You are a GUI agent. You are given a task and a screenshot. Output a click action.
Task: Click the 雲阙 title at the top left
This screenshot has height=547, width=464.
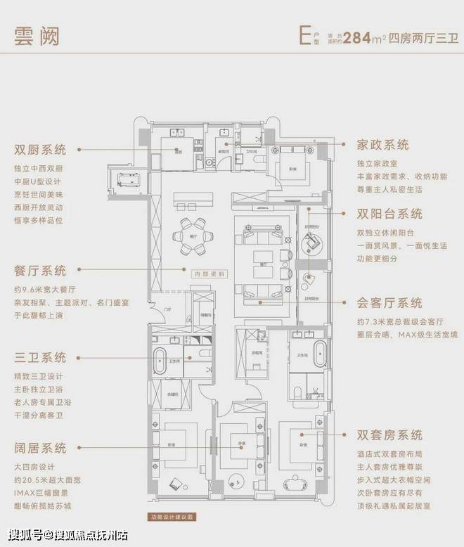click(37, 35)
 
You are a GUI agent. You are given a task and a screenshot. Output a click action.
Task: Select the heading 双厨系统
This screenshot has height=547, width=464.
click(40, 150)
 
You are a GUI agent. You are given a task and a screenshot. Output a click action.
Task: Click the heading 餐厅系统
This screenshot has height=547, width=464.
click(40, 271)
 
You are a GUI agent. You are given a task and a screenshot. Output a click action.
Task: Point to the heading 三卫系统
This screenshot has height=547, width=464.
click(40, 357)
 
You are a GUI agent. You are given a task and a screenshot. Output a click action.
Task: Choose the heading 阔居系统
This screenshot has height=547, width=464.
click(40, 448)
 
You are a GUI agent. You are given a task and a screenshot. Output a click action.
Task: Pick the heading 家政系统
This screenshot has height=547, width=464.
click(382, 145)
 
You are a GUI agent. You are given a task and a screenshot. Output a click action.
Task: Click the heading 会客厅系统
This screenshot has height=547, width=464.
click(389, 303)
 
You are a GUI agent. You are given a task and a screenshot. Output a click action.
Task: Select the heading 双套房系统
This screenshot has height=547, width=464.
click(389, 435)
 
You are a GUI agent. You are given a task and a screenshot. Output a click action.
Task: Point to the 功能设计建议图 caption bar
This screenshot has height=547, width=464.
click(172, 518)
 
